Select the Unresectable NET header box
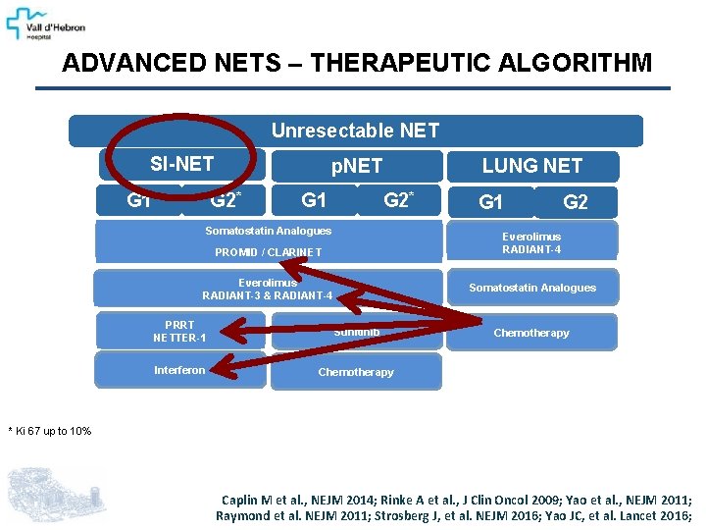pos(355,131)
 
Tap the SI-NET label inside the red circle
pos(181,164)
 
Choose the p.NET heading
pos(356,167)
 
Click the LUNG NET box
pos(531,166)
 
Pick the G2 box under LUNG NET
pos(576,202)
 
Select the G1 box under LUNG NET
pos(490,202)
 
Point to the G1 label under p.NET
pos(314,201)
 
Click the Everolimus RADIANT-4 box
pos(531,242)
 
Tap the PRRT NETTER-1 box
pos(180,332)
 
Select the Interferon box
pos(180,370)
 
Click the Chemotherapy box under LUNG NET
pos(531,333)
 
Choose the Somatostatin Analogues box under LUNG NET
pos(531,288)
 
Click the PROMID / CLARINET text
pos(269,252)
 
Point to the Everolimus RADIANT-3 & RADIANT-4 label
pos(268,289)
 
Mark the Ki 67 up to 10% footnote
pos(50,431)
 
